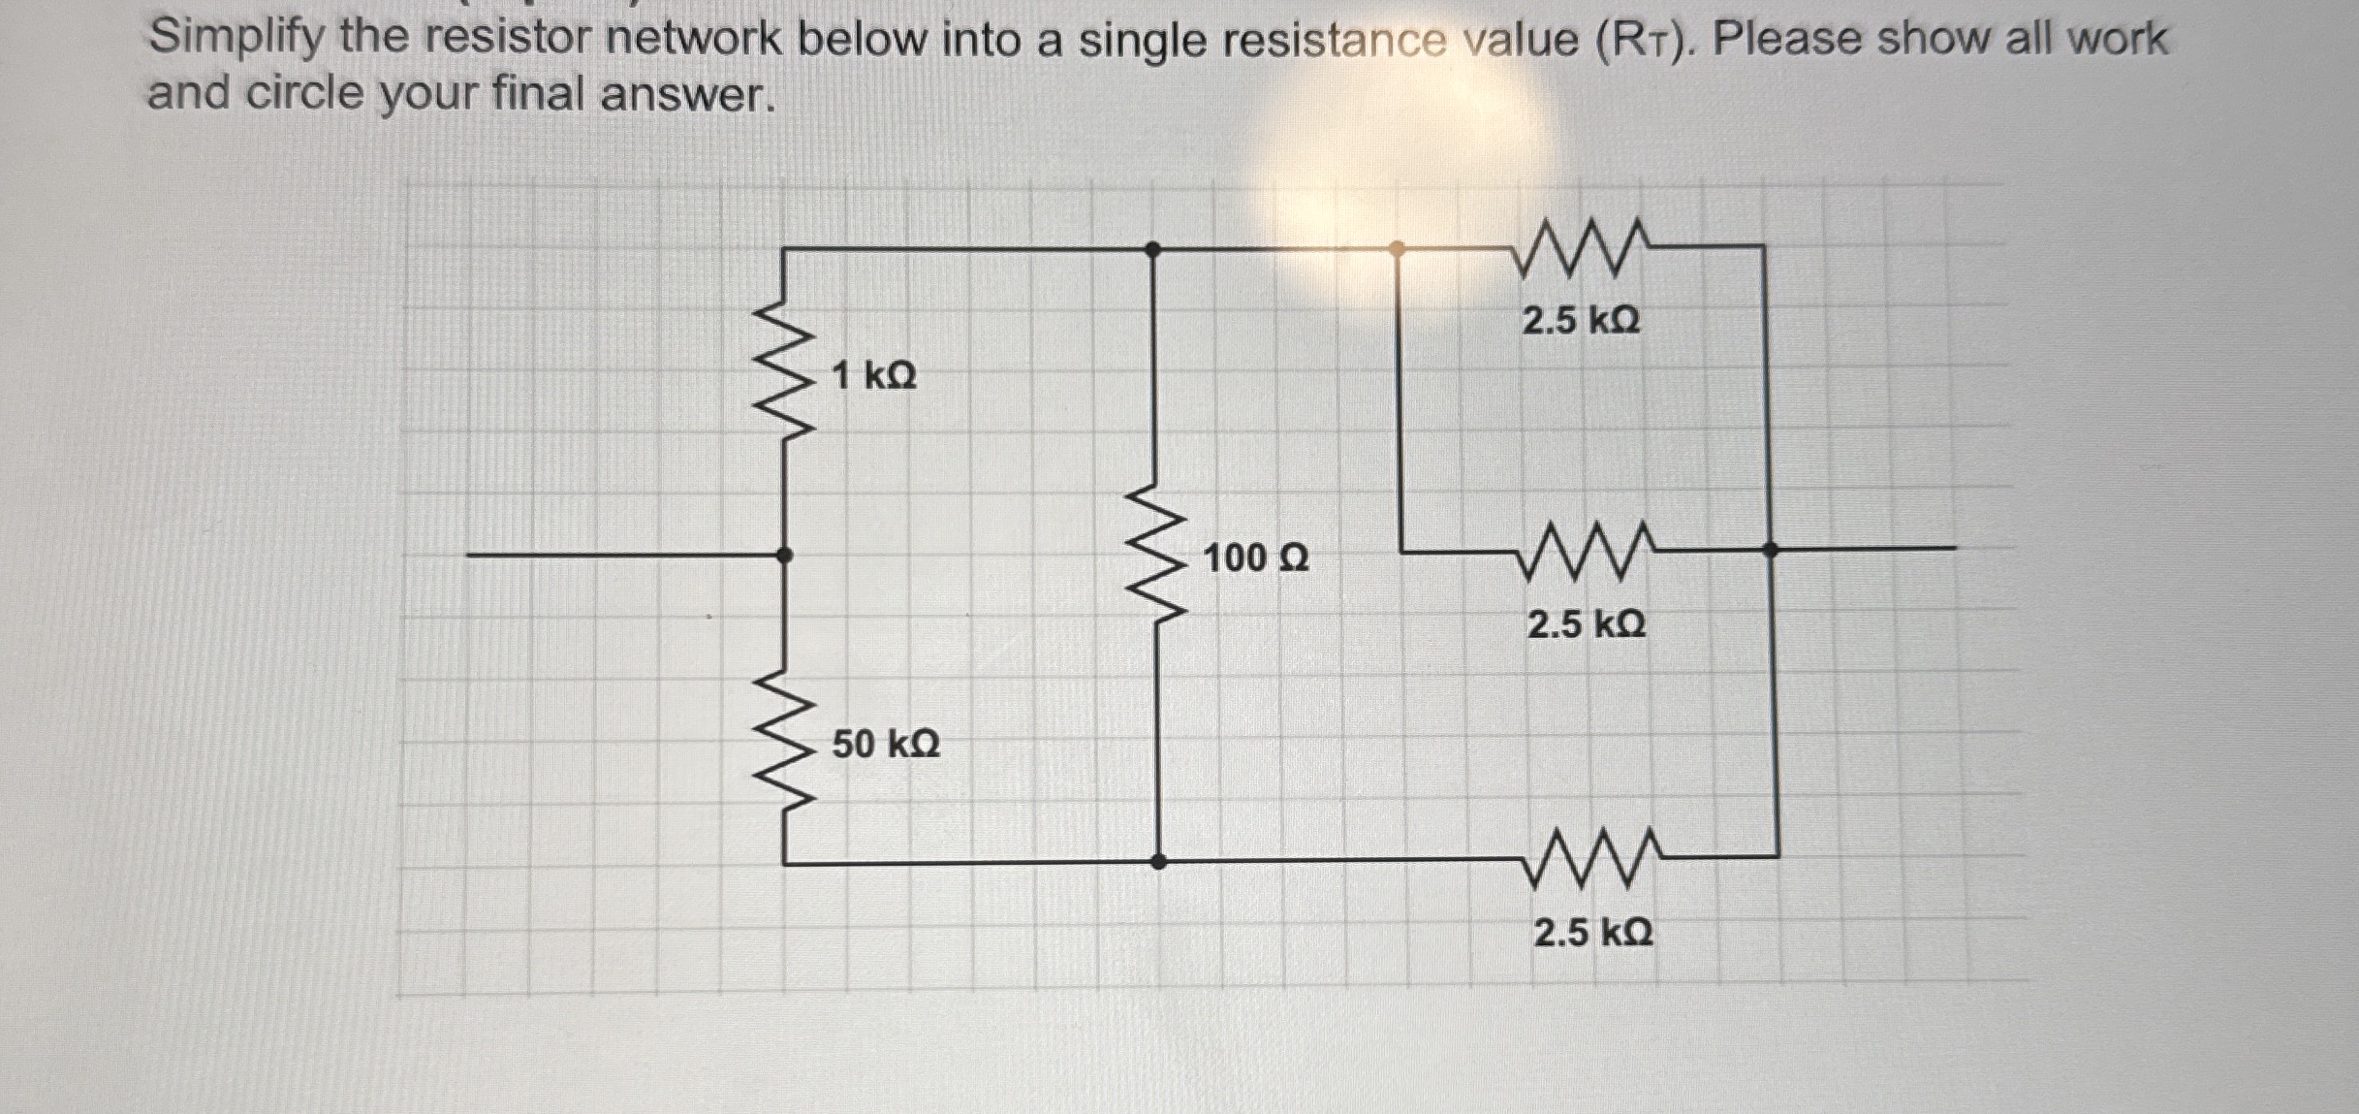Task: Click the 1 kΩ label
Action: (874, 375)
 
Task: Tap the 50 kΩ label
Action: (886, 745)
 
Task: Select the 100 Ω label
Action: (1256, 558)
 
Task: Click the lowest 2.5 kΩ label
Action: (1593, 933)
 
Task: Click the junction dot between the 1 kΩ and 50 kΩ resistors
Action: (785, 556)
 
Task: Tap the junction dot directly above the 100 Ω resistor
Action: (1152, 249)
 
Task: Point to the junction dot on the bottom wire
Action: (1158, 861)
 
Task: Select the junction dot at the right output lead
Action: (1771, 549)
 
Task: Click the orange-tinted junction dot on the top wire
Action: (1397, 249)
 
